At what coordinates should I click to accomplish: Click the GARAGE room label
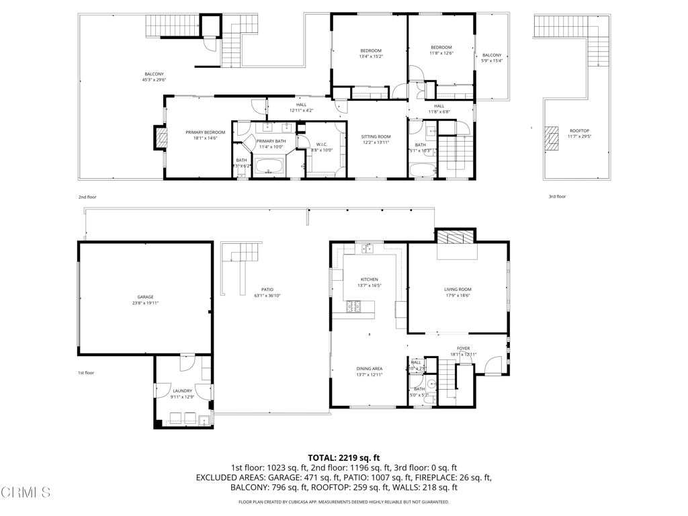pyautogui.click(x=146, y=297)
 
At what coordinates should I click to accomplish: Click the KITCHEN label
pyautogui.click(x=369, y=279)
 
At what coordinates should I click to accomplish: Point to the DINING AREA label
pyautogui.click(x=369, y=368)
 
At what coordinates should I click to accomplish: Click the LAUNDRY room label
pyautogui.click(x=182, y=391)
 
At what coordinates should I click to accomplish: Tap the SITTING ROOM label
pyautogui.click(x=376, y=136)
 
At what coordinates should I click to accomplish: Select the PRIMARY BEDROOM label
pyautogui.click(x=205, y=132)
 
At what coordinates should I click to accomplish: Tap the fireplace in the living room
pyautogui.click(x=456, y=236)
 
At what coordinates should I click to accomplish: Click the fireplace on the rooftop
pyautogui.click(x=552, y=137)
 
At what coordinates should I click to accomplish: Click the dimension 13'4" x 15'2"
pyautogui.click(x=370, y=56)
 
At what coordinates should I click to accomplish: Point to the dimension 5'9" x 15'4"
pyautogui.click(x=492, y=60)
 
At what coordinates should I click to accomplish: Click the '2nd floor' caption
pyautogui.click(x=87, y=197)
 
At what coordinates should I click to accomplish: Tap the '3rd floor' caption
pyautogui.click(x=557, y=197)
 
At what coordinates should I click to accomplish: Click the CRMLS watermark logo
pyautogui.click(x=26, y=492)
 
